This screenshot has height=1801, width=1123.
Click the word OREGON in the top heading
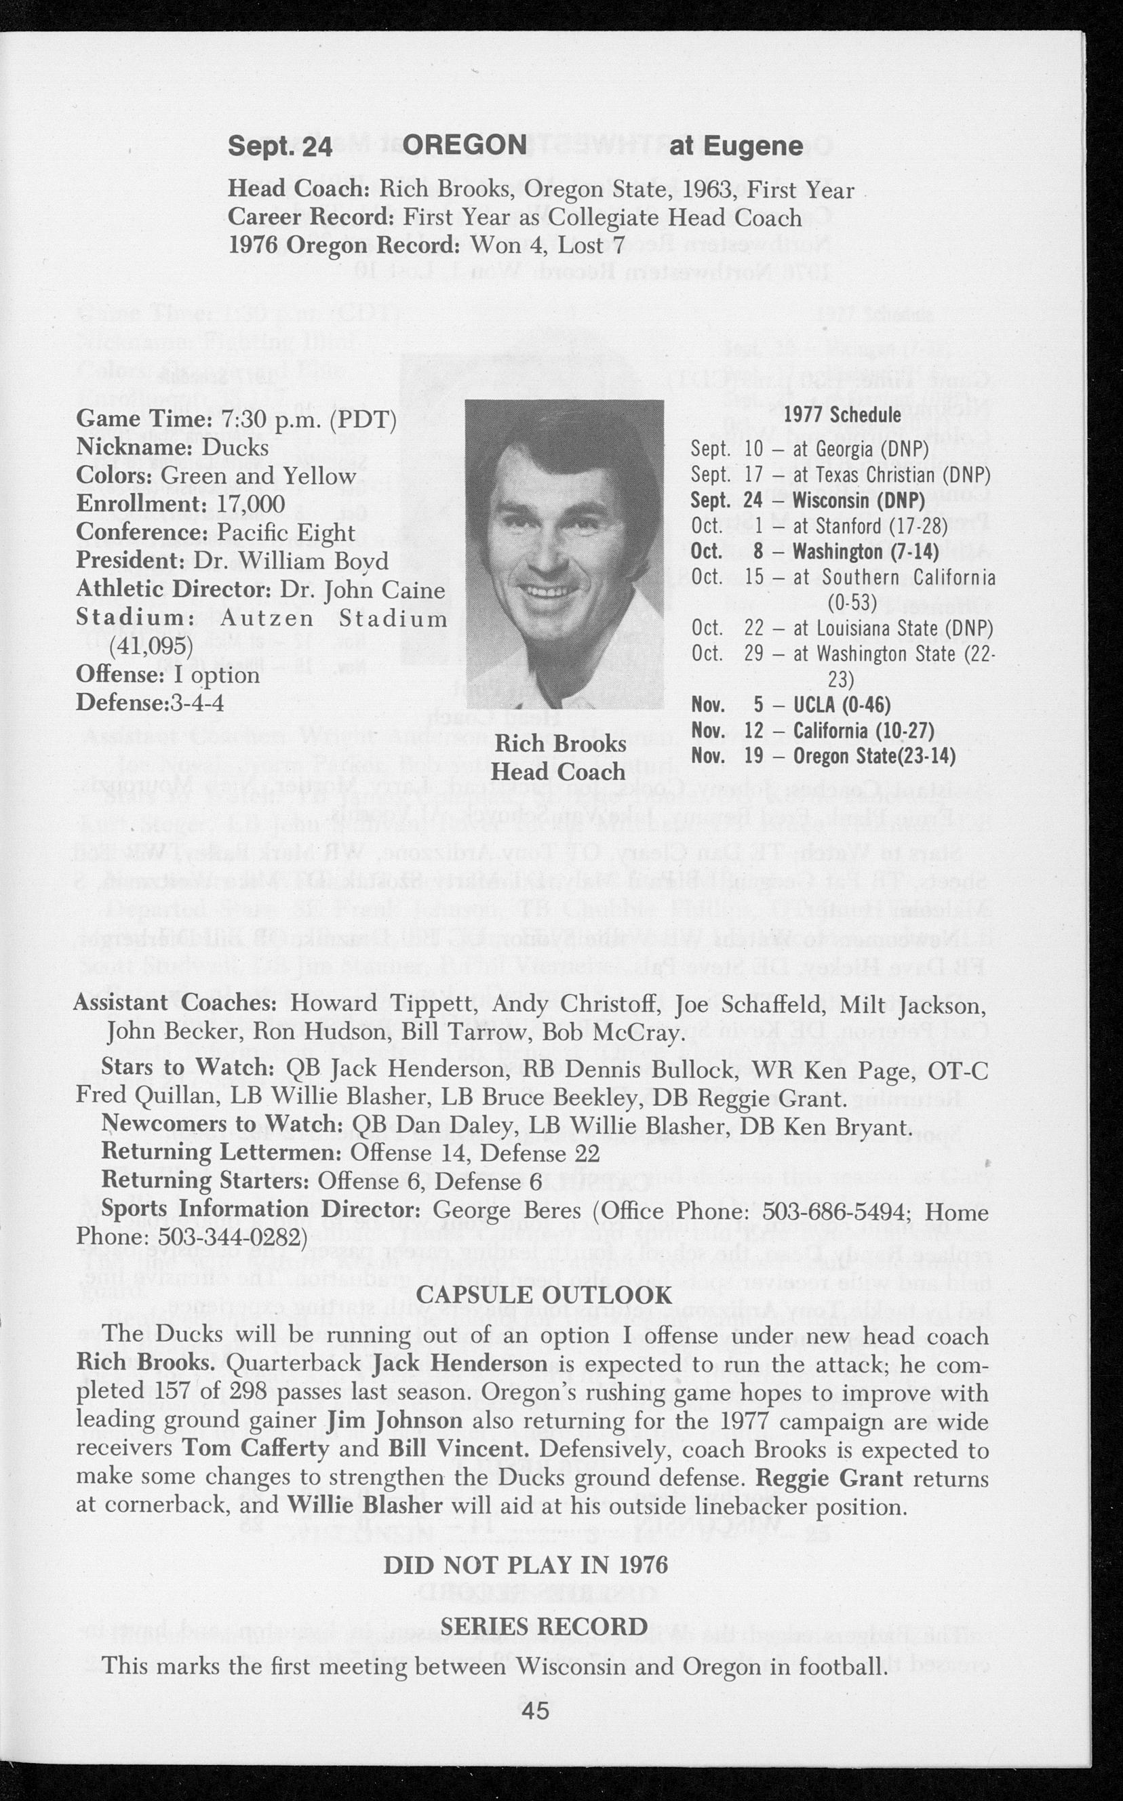(465, 146)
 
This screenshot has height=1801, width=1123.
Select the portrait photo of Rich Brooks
(564, 553)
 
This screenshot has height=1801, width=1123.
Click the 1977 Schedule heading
(842, 414)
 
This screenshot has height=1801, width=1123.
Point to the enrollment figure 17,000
(250, 504)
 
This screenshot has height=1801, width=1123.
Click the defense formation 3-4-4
(197, 702)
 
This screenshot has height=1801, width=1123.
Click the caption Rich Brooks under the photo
(560, 744)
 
